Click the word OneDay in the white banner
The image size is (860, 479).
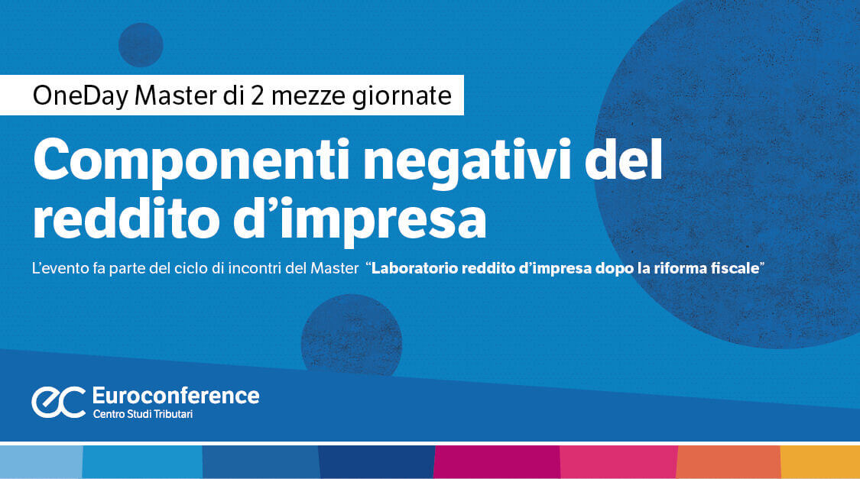80,96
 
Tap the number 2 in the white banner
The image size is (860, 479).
257,95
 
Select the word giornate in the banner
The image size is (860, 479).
401,96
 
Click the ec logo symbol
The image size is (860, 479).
59,402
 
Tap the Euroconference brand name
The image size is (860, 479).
176,396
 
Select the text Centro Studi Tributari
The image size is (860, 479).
143,414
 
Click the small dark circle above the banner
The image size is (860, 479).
141,45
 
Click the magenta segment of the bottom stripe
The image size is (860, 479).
497,462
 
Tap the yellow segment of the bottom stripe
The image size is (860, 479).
820,462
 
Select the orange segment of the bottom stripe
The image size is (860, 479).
729,462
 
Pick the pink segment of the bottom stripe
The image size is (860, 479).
618,462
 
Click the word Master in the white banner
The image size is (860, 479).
176,95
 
